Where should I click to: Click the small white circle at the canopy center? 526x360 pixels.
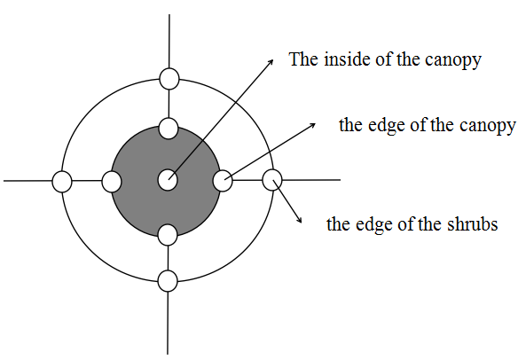[168, 180]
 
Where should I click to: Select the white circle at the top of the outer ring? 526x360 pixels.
[169, 79]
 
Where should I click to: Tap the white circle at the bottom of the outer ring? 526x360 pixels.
[168, 281]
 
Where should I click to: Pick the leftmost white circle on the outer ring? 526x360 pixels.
[62, 182]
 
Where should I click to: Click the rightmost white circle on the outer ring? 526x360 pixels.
[272, 180]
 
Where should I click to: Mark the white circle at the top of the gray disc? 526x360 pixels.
[168, 129]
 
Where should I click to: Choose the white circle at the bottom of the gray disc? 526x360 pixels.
[167, 235]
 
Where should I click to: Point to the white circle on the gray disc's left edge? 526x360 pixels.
[112, 182]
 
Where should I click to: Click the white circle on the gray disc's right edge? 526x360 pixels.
[223, 181]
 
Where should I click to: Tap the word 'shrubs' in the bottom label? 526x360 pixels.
[472, 223]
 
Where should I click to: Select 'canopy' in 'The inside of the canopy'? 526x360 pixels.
[453, 61]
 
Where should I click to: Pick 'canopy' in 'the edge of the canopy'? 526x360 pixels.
[488, 127]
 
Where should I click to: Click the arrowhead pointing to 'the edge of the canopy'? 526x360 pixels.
[312, 125]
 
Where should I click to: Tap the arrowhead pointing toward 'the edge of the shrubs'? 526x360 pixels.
[299, 220]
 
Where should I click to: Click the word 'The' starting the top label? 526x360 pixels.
[303, 59]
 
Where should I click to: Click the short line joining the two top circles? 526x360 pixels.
[169, 104]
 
